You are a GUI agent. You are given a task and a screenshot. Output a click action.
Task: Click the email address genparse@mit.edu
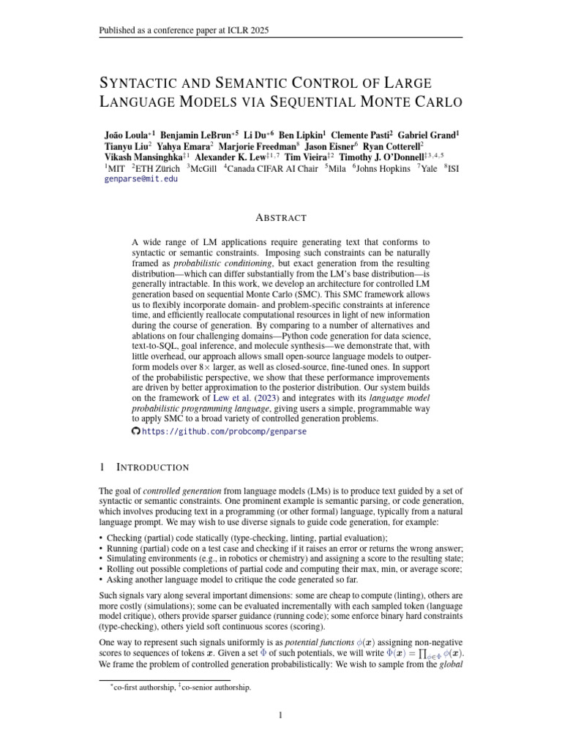[x=141, y=178]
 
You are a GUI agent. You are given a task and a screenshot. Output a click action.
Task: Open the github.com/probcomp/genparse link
[x=223, y=432]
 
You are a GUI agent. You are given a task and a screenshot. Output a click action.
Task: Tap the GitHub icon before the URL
[x=135, y=432]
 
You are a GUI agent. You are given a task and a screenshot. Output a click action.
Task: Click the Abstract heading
[x=281, y=217]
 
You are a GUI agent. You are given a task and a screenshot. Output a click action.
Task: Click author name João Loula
[x=128, y=135]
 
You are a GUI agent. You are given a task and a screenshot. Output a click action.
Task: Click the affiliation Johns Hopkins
[x=383, y=168]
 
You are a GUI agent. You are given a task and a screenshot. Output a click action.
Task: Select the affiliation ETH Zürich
[x=160, y=168]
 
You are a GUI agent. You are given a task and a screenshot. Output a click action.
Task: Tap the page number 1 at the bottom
[x=281, y=715]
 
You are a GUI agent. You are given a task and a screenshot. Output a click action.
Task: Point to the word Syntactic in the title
[x=143, y=83]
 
